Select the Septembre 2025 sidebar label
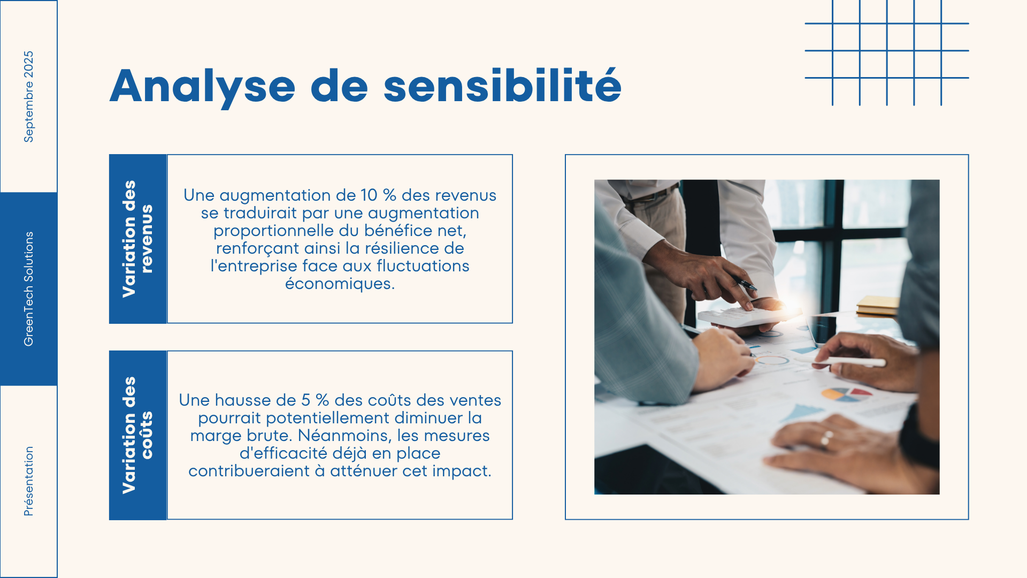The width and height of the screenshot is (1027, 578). coord(28,97)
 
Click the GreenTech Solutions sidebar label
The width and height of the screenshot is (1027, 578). coord(28,289)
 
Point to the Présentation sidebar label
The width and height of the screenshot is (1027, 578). coord(28,481)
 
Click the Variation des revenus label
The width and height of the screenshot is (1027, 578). coord(137,239)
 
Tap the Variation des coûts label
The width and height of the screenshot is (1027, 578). coord(137,435)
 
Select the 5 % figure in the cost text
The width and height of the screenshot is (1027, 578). coord(315,400)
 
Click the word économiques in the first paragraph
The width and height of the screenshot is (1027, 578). coord(340,284)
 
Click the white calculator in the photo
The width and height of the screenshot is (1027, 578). coord(744,316)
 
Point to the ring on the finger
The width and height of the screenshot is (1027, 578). coord(826,438)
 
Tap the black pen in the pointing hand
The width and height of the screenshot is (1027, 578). coord(744,284)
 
